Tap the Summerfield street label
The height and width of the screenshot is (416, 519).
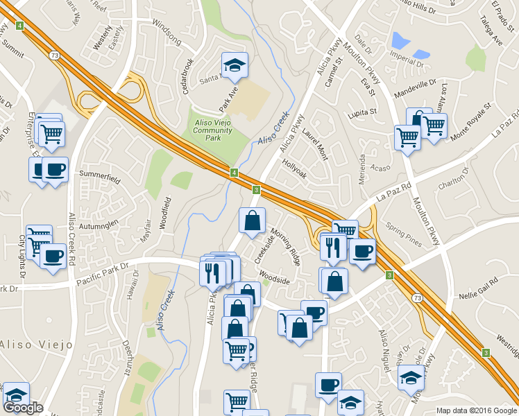click(100, 177)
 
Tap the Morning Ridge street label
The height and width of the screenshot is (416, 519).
click(285, 248)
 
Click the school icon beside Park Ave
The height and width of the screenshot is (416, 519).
click(235, 64)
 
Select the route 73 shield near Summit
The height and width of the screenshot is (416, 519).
click(53, 53)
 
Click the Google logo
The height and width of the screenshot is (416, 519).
click(23, 407)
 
